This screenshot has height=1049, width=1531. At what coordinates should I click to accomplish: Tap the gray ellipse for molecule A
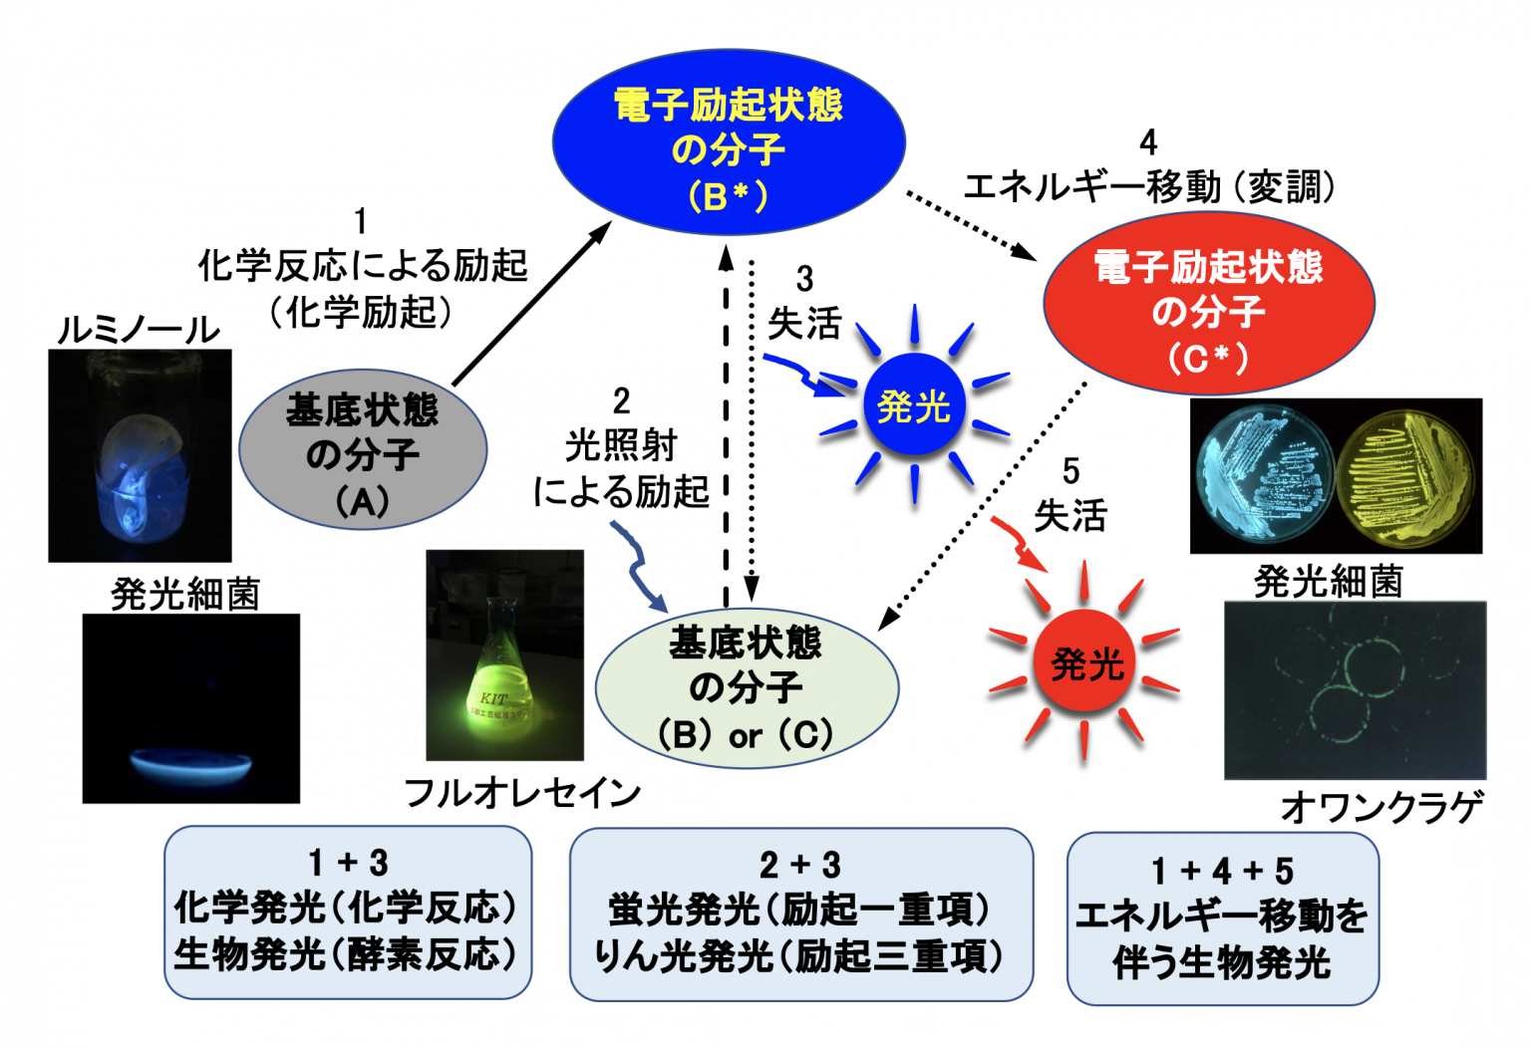click(362, 454)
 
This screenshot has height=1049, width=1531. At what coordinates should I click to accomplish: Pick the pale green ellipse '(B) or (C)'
click(747, 688)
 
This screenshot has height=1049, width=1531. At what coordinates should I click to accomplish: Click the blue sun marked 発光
click(914, 405)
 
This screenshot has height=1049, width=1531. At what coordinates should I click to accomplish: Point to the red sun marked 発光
click(1086, 661)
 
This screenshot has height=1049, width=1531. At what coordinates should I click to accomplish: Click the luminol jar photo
click(141, 456)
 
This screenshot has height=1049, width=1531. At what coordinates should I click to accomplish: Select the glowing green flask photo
click(504, 656)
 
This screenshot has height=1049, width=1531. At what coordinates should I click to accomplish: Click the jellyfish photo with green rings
click(1355, 689)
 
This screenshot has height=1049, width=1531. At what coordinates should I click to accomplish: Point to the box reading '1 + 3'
click(348, 912)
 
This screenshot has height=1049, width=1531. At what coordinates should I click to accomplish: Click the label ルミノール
click(139, 330)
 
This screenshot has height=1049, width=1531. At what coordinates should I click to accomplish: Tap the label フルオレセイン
click(522, 793)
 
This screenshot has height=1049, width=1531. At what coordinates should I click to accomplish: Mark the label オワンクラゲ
click(1381, 806)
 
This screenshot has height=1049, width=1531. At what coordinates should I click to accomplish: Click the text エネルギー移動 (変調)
click(1148, 186)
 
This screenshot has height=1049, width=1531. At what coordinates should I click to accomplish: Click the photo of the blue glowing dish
click(190, 708)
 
